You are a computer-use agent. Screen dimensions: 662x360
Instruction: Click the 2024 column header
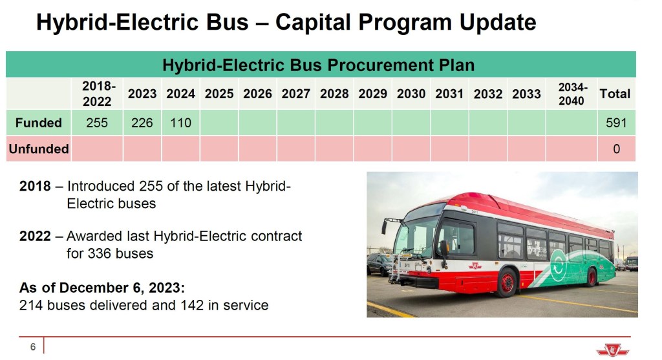pyautogui.click(x=181, y=94)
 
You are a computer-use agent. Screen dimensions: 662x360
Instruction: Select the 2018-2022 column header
pyautogui.click(x=97, y=94)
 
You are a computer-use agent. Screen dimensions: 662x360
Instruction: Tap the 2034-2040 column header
pyautogui.click(x=571, y=94)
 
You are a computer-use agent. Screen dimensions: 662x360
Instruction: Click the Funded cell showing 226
pyautogui.click(x=142, y=123)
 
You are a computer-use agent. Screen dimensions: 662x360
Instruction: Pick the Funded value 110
pyautogui.click(x=181, y=123)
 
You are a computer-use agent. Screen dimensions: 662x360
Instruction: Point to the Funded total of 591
pyautogui.click(x=616, y=123)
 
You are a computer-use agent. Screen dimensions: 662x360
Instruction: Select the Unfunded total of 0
pyautogui.click(x=616, y=149)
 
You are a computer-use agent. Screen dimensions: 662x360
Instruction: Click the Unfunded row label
pyautogui.click(x=38, y=149)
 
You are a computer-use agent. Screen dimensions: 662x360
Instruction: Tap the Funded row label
pyautogui.click(x=38, y=123)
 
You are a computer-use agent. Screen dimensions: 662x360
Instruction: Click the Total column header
pyautogui.click(x=615, y=94)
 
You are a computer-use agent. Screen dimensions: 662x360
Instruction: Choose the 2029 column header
pyautogui.click(x=373, y=94)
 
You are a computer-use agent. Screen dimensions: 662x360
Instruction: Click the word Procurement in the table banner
pyautogui.click(x=380, y=65)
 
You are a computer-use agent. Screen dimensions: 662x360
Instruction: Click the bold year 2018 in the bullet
pyautogui.click(x=35, y=186)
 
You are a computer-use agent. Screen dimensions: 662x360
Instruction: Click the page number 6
pyautogui.click(x=33, y=347)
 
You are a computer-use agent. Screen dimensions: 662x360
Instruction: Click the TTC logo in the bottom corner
pyautogui.click(x=613, y=350)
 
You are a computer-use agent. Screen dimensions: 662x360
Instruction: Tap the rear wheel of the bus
pyautogui.click(x=592, y=277)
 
